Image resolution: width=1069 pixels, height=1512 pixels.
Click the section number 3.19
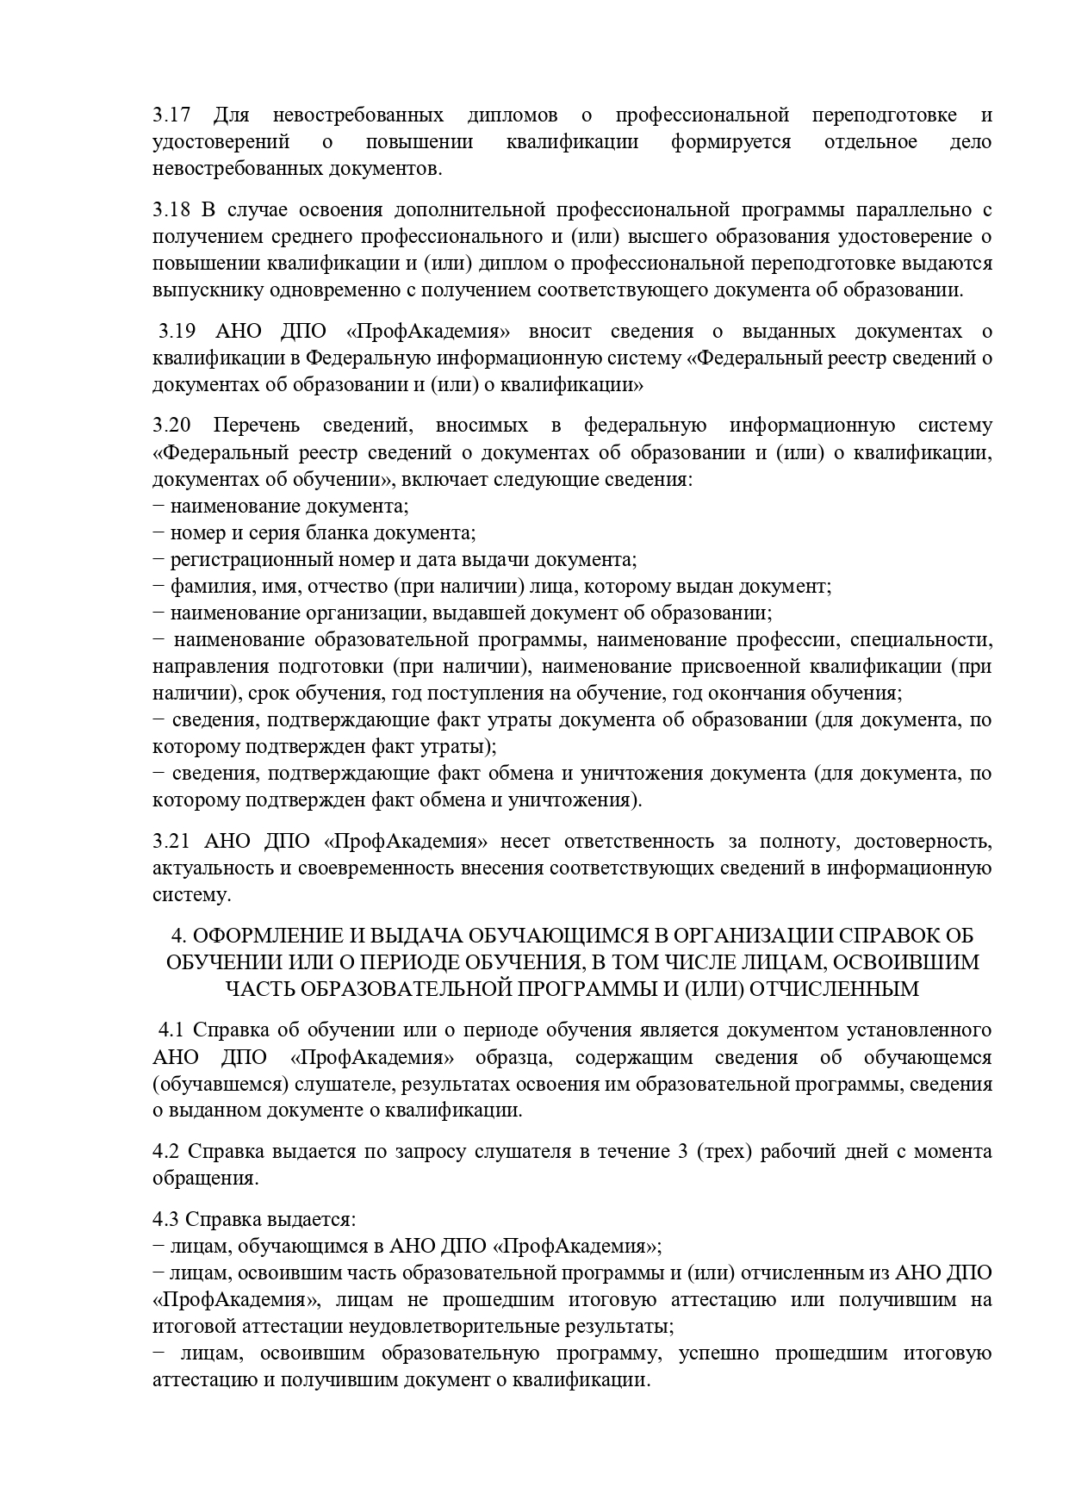point(177,332)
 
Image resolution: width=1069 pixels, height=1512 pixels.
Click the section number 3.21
point(171,841)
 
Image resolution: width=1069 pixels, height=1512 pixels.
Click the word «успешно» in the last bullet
point(719,1353)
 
